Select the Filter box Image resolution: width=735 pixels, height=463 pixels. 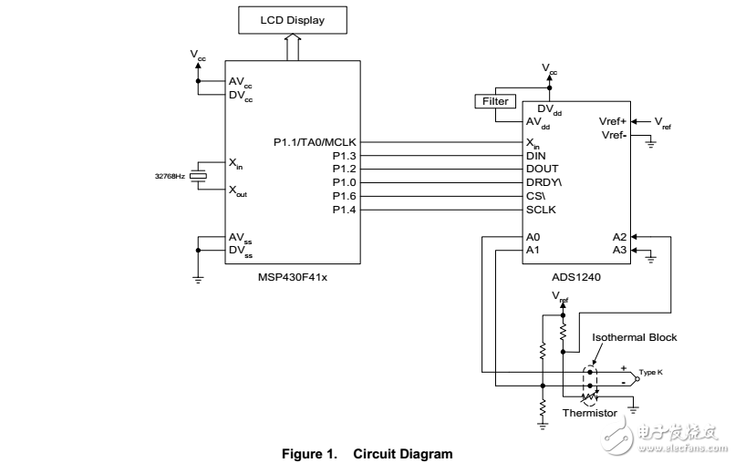click(495, 101)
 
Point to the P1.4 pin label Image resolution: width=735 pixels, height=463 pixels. click(344, 210)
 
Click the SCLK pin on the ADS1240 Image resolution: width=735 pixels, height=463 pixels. click(542, 210)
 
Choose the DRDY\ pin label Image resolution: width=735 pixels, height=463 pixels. click(543, 182)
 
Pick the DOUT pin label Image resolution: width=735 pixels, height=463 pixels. click(542, 169)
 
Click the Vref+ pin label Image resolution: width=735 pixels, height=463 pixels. click(613, 121)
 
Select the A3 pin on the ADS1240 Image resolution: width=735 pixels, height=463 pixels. click(620, 249)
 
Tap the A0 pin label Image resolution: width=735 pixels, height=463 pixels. click(533, 236)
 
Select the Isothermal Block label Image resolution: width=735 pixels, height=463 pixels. click(635, 337)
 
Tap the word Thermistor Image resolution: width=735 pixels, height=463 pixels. click(590, 413)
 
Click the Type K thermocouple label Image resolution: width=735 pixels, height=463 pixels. click(651, 373)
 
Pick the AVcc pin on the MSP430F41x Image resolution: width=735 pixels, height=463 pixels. click(242, 79)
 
